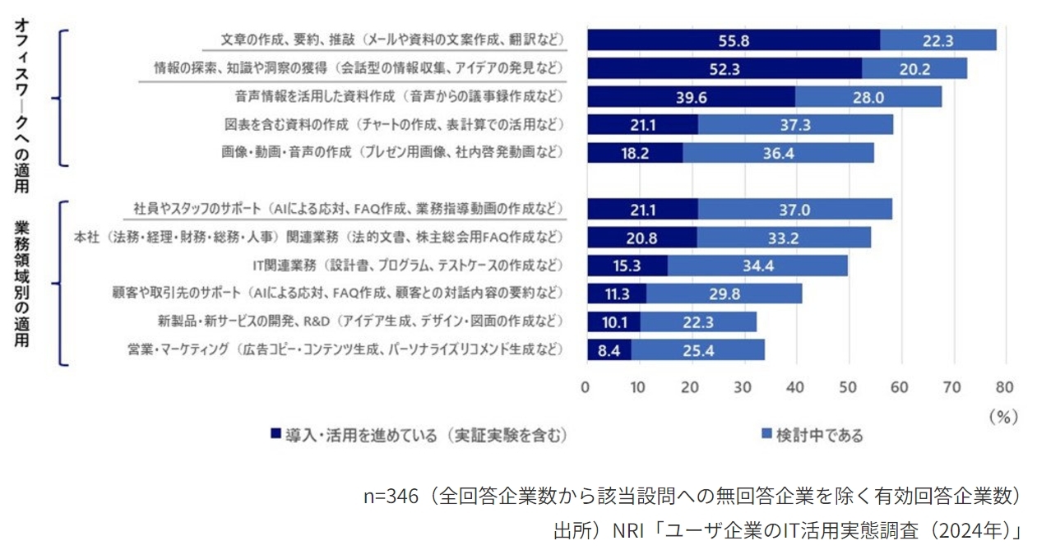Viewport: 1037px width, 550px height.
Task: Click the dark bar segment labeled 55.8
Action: [x=733, y=40]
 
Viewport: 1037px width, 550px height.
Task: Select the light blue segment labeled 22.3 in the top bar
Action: [x=937, y=40]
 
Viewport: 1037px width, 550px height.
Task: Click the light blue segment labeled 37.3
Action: [x=795, y=125]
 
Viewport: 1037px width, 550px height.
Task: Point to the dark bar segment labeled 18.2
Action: [x=635, y=153]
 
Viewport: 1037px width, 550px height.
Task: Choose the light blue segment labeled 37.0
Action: [x=794, y=210]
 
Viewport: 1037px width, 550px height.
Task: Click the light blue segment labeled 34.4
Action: [x=757, y=266]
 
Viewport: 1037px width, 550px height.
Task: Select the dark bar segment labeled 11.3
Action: [x=617, y=293]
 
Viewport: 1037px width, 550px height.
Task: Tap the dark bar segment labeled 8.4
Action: [x=609, y=350]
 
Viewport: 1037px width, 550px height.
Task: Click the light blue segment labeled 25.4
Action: [x=698, y=350]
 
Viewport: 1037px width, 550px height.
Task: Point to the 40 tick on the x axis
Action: [x=795, y=386]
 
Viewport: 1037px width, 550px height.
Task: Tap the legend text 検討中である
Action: [x=819, y=436]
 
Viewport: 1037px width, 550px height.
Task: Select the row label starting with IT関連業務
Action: [x=407, y=266]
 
